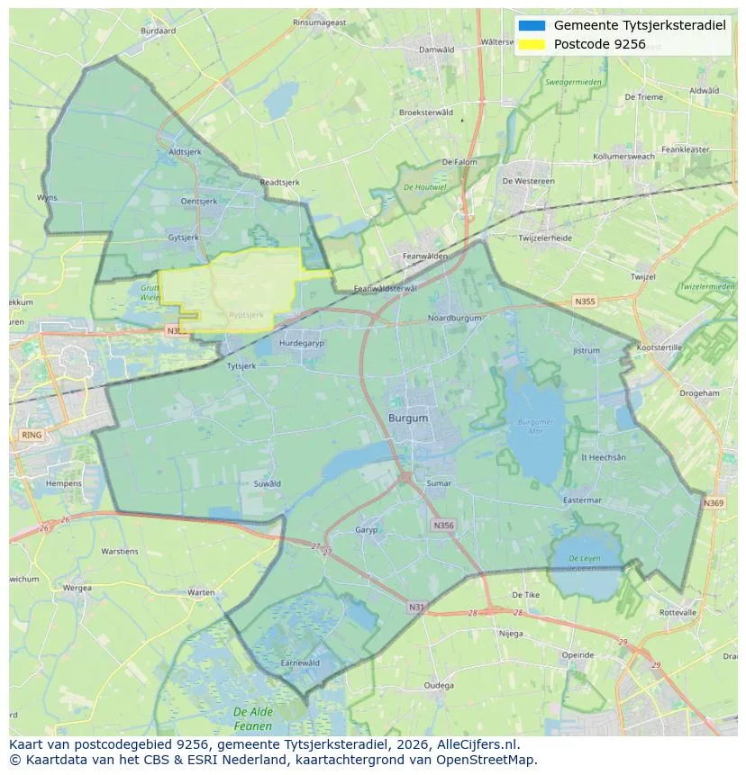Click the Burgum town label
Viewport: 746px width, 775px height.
(408, 419)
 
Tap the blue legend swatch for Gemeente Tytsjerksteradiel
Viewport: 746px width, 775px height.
(532, 25)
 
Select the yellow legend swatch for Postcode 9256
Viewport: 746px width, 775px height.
(532, 44)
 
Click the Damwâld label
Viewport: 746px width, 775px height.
(437, 50)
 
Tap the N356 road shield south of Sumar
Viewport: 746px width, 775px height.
(442, 525)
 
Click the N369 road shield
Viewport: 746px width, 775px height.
(714, 503)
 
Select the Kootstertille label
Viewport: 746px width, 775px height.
(660, 347)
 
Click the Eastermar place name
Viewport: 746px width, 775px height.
(581, 500)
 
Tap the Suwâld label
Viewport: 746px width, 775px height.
(268, 483)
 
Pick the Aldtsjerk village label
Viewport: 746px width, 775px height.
(185, 152)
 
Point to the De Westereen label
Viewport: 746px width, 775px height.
(528, 181)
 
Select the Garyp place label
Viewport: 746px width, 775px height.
(367, 530)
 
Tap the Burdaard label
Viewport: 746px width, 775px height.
(159, 31)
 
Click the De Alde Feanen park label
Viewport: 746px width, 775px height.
(252, 718)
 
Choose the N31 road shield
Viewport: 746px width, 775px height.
(416, 608)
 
